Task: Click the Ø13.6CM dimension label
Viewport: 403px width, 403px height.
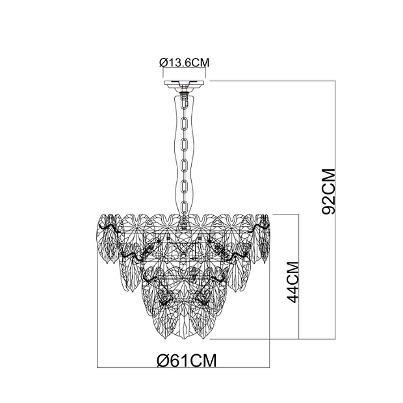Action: tap(185, 62)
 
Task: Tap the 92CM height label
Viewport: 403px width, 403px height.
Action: tap(329, 192)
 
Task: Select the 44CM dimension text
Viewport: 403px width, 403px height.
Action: tap(292, 282)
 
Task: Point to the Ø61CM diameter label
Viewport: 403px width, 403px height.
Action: tap(187, 361)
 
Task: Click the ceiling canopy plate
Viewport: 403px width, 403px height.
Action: tap(184, 83)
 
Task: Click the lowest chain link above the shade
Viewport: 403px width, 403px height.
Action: tap(184, 208)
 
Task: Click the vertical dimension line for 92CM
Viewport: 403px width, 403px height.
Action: tap(335, 210)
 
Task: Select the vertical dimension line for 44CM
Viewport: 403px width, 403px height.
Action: tap(298, 276)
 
